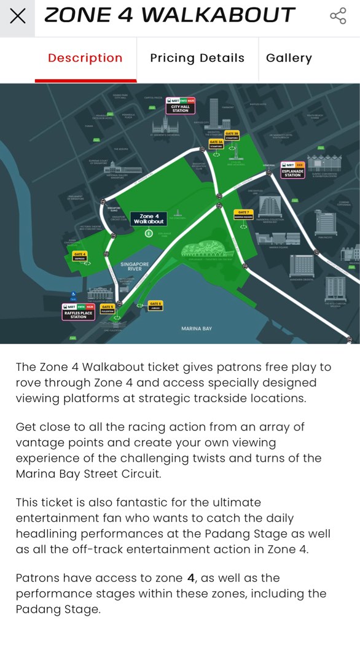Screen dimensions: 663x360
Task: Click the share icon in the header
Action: (x=338, y=16)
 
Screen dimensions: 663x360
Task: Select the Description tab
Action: (x=85, y=58)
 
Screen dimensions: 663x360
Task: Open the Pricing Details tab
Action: (x=197, y=58)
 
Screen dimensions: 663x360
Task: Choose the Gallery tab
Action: (x=289, y=58)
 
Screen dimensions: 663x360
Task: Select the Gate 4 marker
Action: (x=79, y=256)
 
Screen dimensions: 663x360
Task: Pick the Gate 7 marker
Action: (x=243, y=214)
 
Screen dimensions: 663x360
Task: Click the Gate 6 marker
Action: (x=155, y=304)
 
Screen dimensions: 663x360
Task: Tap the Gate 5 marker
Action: (x=108, y=309)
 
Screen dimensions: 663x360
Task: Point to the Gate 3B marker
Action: (x=232, y=135)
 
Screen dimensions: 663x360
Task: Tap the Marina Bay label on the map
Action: (x=197, y=329)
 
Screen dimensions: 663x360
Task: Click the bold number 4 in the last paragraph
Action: (x=191, y=578)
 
